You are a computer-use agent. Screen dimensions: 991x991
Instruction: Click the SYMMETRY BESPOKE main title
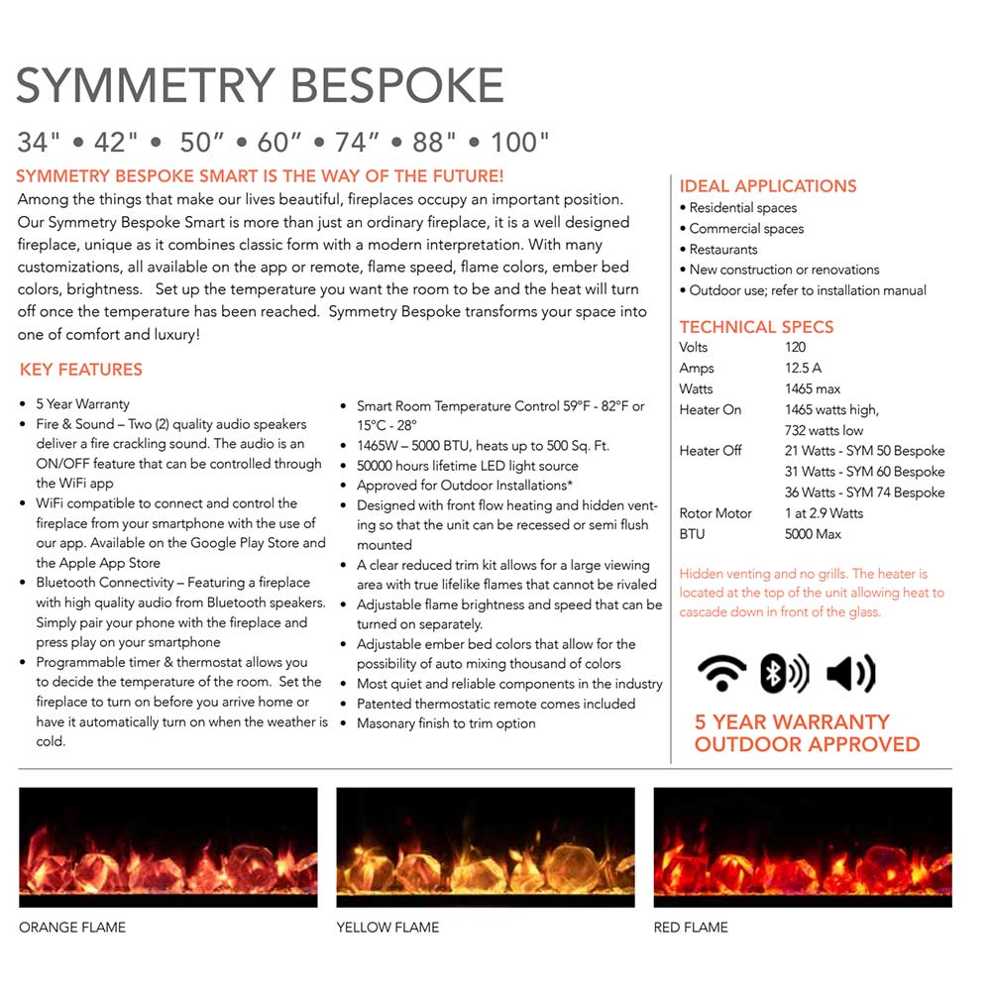pos(260,86)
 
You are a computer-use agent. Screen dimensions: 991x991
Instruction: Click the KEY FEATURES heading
pos(81,370)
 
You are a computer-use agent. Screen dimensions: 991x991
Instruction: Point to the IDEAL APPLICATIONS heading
pos(767,186)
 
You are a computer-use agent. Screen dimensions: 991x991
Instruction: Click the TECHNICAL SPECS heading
pos(756,327)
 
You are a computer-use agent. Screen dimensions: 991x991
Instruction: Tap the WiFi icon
pos(721,674)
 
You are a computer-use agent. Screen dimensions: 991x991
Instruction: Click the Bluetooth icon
pos(783,674)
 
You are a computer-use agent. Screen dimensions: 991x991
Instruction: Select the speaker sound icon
pos(850,674)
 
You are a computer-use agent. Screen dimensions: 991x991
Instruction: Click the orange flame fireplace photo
pos(168,847)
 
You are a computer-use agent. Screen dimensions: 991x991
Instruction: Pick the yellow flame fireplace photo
pos(486,847)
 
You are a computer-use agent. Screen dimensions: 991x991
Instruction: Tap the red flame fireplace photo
pos(803,847)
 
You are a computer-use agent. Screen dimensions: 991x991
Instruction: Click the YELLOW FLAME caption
pos(387,928)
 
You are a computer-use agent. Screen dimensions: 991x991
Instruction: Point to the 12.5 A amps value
pos(803,369)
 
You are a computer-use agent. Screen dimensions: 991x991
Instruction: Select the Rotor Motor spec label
pos(716,513)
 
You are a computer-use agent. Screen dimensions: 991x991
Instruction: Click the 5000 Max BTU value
pos(813,534)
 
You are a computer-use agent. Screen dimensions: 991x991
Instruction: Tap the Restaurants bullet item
pos(723,250)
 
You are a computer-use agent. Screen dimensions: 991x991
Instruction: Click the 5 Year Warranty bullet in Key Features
pos(82,404)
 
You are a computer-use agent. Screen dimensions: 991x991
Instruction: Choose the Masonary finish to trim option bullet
pos(446,723)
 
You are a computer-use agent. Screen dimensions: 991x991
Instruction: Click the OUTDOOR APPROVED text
pos(807,744)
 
